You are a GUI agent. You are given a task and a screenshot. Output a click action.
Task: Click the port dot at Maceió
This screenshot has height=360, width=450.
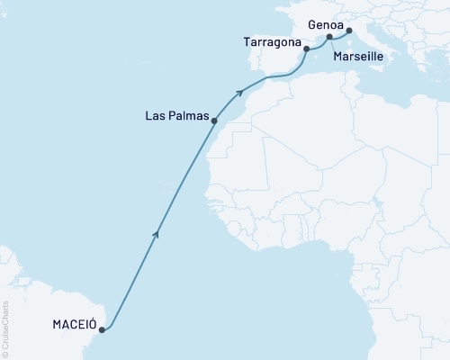click(x=102, y=329)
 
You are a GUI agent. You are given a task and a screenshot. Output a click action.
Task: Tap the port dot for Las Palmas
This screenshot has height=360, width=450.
click(x=214, y=120)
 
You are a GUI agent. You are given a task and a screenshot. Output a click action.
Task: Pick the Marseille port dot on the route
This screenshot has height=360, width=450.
click(x=329, y=38)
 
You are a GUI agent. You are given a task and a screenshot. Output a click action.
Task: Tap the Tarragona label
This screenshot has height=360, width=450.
click(x=271, y=42)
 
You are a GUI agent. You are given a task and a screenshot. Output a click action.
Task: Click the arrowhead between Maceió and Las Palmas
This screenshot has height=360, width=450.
click(x=157, y=234)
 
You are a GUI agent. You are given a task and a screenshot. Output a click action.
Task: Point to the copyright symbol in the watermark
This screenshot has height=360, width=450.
click(x=5, y=352)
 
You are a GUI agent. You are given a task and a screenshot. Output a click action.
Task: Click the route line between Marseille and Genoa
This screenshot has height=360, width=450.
click(x=339, y=35)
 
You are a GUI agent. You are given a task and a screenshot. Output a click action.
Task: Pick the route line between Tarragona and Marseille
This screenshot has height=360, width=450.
click(x=317, y=40)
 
